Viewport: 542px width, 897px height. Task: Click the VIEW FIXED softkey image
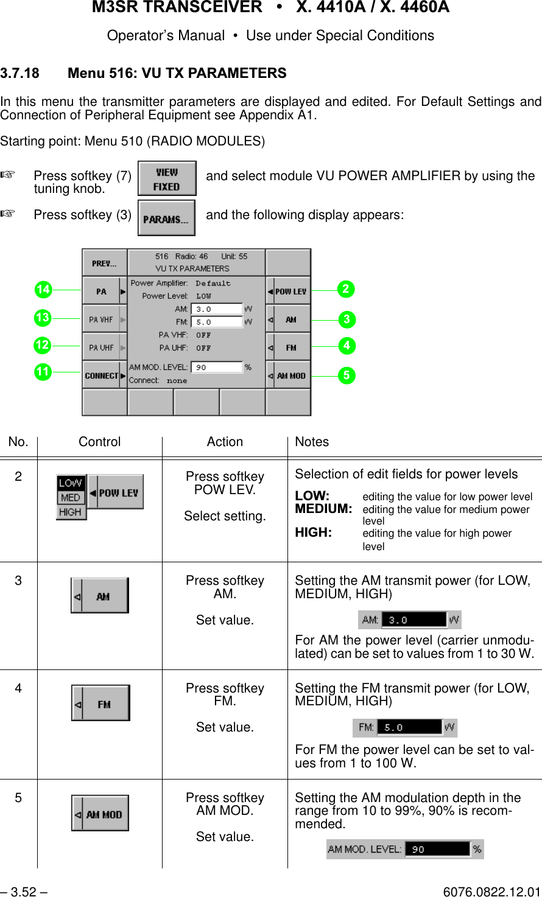[x=167, y=178]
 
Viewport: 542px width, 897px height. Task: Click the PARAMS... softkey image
[x=166, y=218]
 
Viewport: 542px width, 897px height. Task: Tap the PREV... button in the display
[x=104, y=264]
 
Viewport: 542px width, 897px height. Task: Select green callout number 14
[x=43, y=290]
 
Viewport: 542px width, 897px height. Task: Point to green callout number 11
[x=43, y=371]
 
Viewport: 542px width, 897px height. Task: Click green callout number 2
[x=346, y=289]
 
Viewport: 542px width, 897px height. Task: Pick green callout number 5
[x=346, y=375]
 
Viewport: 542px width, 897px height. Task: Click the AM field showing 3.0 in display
[x=217, y=309]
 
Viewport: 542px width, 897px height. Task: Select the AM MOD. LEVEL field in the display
[x=217, y=368]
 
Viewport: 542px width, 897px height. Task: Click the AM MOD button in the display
[x=289, y=375]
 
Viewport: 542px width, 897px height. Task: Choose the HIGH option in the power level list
[x=71, y=512]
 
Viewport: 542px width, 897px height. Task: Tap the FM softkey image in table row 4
[x=100, y=703]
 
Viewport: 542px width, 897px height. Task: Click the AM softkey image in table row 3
[x=100, y=596]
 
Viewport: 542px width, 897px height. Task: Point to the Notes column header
[x=312, y=442]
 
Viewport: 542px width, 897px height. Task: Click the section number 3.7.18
[x=19, y=73]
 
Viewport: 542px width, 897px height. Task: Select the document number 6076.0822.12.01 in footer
[x=491, y=892]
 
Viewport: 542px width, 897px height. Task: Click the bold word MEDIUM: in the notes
[x=323, y=508]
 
